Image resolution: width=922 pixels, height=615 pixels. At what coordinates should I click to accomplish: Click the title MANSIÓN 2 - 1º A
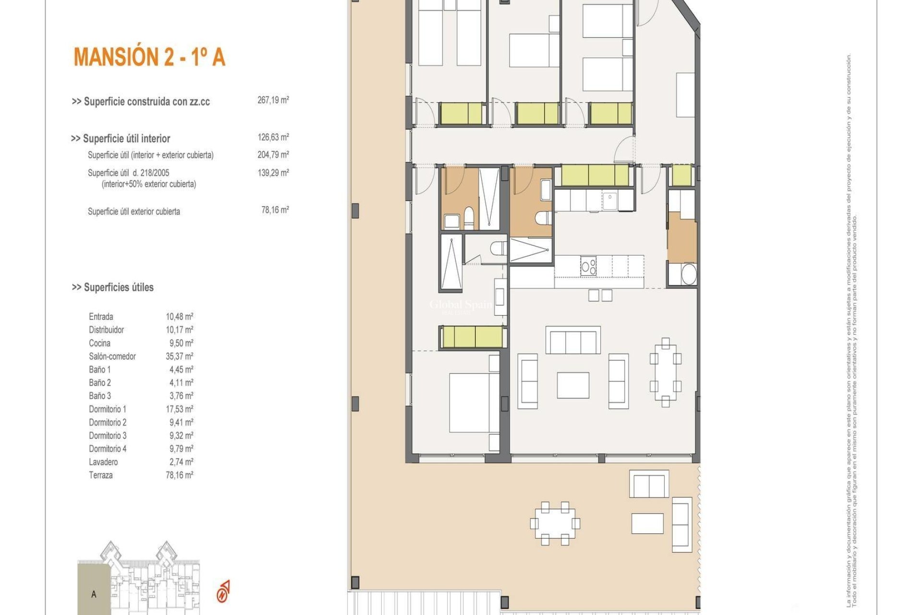pyautogui.click(x=149, y=57)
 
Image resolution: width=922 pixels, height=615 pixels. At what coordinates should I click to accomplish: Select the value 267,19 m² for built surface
pyautogui.click(x=273, y=100)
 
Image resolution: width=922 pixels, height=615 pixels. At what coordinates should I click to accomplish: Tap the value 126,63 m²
pyautogui.click(x=273, y=137)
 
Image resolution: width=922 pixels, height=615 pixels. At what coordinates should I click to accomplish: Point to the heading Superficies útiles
pyautogui.click(x=113, y=287)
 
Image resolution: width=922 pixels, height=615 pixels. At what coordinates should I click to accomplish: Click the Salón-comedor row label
pyautogui.click(x=112, y=357)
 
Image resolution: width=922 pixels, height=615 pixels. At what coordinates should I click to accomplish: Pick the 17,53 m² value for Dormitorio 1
pyautogui.click(x=179, y=409)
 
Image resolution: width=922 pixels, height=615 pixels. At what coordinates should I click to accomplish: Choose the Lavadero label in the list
pyautogui.click(x=103, y=462)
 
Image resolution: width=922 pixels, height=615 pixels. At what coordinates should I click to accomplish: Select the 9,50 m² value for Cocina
pyautogui.click(x=179, y=343)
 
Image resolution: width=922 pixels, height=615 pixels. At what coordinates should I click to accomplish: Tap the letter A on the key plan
pyautogui.click(x=94, y=594)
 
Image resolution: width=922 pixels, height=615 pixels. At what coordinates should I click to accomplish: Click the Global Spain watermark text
pyautogui.click(x=460, y=305)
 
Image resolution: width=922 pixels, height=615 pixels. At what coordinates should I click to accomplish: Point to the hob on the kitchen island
pyautogui.click(x=588, y=266)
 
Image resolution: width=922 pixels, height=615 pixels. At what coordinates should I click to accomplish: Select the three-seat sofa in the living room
pyautogui.click(x=573, y=340)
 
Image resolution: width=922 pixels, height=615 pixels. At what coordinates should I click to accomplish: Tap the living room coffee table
pyautogui.click(x=573, y=385)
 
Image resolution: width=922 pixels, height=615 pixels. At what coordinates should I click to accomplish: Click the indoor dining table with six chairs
pyautogui.click(x=665, y=372)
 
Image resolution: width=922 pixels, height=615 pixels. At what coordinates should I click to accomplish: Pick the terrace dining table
pyautogui.click(x=555, y=523)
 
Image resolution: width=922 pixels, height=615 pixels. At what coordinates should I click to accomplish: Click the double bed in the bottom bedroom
pyautogui.click(x=468, y=403)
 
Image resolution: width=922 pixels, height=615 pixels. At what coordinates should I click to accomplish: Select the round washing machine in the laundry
pyautogui.click(x=689, y=275)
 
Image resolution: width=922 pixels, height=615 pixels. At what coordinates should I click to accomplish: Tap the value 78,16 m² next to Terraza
pyautogui.click(x=179, y=475)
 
